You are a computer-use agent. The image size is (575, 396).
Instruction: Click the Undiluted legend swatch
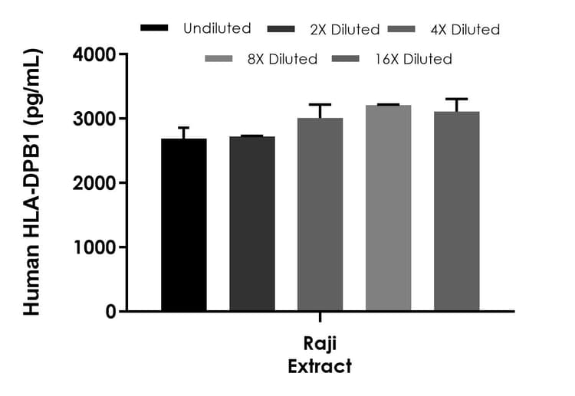(x=156, y=28)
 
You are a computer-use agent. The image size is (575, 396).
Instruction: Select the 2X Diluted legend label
(x=344, y=30)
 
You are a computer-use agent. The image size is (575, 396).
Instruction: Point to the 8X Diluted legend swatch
(x=220, y=59)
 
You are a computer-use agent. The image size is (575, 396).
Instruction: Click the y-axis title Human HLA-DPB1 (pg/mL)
(x=32, y=182)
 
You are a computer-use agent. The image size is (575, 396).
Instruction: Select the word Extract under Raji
(x=320, y=366)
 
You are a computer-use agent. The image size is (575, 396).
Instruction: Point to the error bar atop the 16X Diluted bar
(x=456, y=100)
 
